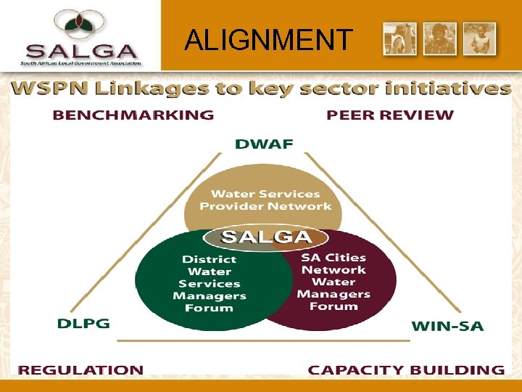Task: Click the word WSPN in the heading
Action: click(x=47, y=89)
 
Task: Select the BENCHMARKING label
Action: click(x=133, y=115)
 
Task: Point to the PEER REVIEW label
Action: click(x=390, y=115)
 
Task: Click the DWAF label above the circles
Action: click(x=264, y=144)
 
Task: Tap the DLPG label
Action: click(x=83, y=323)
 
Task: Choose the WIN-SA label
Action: click(x=447, y=326)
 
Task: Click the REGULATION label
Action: click(x=80, y=369)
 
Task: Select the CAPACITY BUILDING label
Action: click(x=406, y=369)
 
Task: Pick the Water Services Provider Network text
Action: click(x=265, y=200)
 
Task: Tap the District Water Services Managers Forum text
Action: click(x=209, y=283)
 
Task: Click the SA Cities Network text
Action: click(x=333, y=264)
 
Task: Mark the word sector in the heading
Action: click(x=340, y=89)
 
